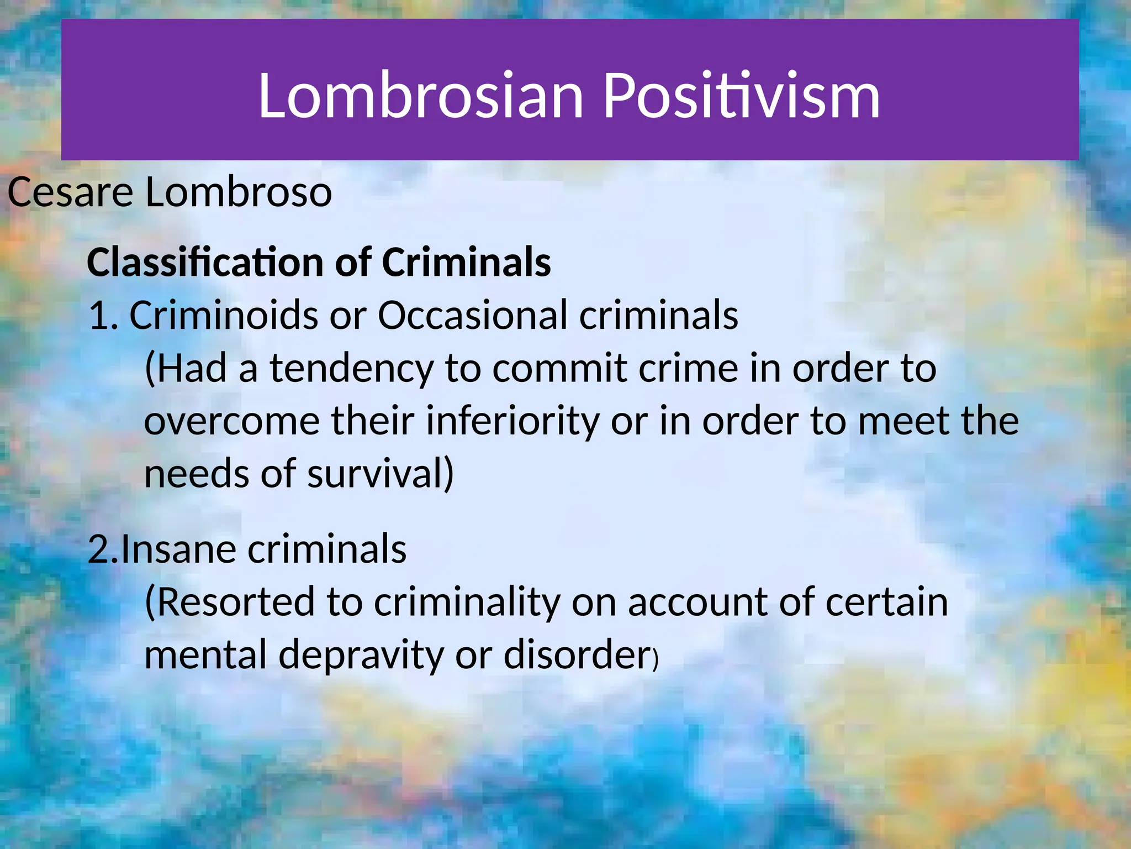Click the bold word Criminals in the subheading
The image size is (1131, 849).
(x=466, y=262)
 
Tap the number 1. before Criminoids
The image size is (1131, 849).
(x=103, y=315)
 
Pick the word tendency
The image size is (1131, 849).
(x=352, y=369)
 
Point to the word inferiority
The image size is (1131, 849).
(x=512, y=421)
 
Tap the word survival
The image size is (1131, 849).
(x=380, y=474)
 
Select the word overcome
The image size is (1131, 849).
(x=232, y=421)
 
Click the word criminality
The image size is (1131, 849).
(x=467, y=602)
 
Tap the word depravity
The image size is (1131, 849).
(x=361, y=655)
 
